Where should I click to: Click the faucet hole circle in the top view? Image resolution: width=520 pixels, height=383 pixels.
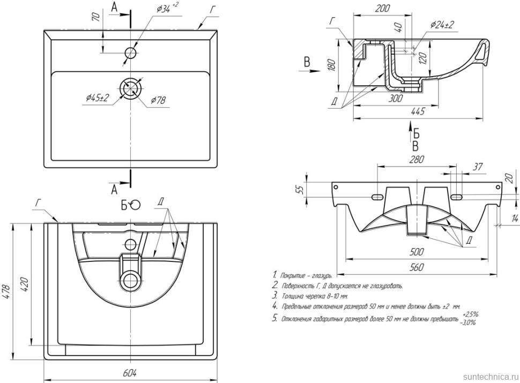[x=130, y=52]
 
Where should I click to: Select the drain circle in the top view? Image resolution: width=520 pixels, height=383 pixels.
[x=130, y=88]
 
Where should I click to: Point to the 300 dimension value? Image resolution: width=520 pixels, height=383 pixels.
[x=396, y=98]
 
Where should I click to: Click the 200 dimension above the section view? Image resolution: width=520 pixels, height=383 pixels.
[x=383, y=9]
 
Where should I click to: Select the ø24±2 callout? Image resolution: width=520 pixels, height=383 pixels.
[x=442, y=25]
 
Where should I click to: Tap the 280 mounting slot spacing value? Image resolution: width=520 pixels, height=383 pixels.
[x=417, y=160]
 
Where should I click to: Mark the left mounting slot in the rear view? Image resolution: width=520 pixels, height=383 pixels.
[x=378, y=198]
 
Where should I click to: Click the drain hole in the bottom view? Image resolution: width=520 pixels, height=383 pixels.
[x=130, y=279]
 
